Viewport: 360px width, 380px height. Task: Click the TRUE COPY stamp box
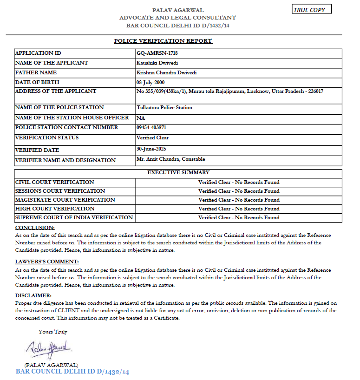pyautogui.click(x=312, y=10)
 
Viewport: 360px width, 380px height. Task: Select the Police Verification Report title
pyautogui.click(x=163, y=41)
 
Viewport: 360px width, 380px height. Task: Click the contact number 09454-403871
pyautogui.click(x=151, y=127)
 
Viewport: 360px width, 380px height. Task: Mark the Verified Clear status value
pyautogui.click(x=152, y=138)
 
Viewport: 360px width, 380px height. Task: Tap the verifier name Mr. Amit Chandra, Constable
pyautogui.click(x=170, y=159)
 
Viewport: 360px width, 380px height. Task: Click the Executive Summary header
pyautogui.click(x=178, y=172)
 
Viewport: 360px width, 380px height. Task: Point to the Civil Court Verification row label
pyautogui.click(x=55, y=182)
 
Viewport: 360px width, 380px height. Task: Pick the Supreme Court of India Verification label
pyautogui.click(x=74, y=217)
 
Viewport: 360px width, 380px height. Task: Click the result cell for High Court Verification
pyautogui.click(x=239, y=209)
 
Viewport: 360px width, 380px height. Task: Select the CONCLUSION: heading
pyautogui.click(x=35, y=228)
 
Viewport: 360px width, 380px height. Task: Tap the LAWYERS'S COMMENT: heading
pyautogui.click(x=47, y=262)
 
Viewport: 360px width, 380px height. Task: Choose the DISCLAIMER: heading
pyautogui.click(x=33, y=295)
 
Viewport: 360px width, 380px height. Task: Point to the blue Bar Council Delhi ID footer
pyautogui.click(x=72, y=372)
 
